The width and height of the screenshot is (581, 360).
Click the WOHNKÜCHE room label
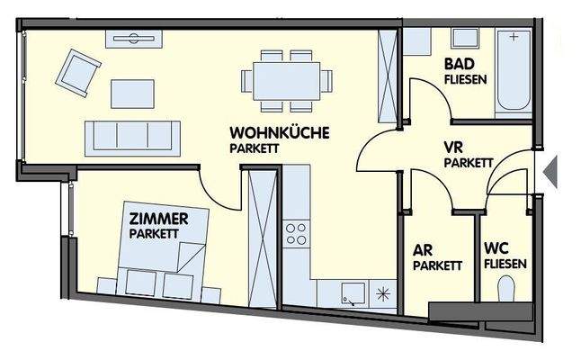point(279,132)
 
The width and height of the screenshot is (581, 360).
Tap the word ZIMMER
point(158,219)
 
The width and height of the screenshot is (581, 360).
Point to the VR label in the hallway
point(454,148)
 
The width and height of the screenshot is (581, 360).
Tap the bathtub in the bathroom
point(514,70)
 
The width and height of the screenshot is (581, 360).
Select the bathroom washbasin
point(464,40)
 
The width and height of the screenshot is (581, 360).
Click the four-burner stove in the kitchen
point(296,235)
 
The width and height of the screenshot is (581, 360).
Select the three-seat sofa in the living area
point(131,136)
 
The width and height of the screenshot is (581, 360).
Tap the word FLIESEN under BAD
point(466,79)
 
